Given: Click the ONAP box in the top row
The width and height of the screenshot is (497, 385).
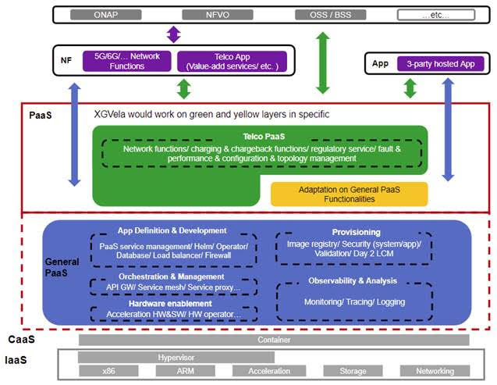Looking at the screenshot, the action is pyautogui.click(x=106, y=15).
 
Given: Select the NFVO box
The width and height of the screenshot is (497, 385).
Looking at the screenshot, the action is pyautogui.click(x=218, y=15).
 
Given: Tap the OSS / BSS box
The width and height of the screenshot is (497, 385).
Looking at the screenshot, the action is pyautogui.click(x=331, y=15).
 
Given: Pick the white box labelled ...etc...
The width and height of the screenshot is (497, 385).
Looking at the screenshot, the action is pyautogui.click(x=436, y=15).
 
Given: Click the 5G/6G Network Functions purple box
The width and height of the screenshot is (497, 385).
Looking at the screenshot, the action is pyautogui.click(x=126, y=61).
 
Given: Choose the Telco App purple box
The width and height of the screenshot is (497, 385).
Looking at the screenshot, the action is pyautogui.click(x=232, y=62).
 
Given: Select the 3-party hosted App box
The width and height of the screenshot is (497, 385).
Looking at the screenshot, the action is pyautogui.click(x=441, y=64).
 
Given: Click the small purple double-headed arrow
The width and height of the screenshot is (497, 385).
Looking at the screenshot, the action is pyautogui.click(x=174, y=34).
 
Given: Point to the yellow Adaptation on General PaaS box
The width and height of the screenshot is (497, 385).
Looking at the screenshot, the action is pyautogui.click(x=350, y=194).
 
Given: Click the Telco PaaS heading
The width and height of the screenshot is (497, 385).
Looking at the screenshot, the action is pyautogui.click(x=264, y=137).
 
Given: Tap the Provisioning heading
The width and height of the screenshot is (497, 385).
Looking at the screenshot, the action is pyautogui.click(x=357, y=232).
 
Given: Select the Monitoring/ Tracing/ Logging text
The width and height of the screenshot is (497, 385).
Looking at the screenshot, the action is pyautogui.click(x=355, y=302).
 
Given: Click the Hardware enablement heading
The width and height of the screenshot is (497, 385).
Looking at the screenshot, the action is pyautogui.click(x=170, y=304).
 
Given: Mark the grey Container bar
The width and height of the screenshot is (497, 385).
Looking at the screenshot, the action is pyautogui.click(x=274, y=340).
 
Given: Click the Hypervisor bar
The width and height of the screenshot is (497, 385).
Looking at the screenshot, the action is pyautogui.click(x=176, y=358).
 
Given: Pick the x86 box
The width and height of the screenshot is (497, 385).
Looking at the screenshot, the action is pyautogui.click(x=108, y=371).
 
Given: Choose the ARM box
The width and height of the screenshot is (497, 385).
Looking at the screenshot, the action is pyautogui.click(x=186, y=371).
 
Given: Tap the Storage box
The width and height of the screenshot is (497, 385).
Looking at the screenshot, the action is pyautogui.click(x=353, y=371).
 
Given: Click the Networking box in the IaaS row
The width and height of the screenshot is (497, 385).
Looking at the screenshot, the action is pyautogui.click(x=435, y=371).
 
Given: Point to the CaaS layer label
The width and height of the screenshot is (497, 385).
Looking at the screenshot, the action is pyautogui.click(x=22, y=340).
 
